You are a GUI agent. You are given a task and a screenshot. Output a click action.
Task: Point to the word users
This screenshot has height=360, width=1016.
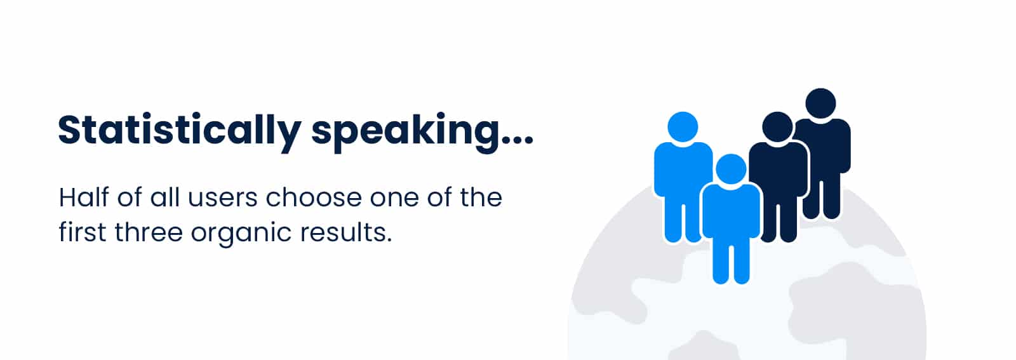[222, 198]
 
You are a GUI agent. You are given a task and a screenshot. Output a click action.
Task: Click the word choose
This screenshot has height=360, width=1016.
[314, 197]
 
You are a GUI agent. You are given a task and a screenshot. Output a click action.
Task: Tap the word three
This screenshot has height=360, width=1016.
[149, 232]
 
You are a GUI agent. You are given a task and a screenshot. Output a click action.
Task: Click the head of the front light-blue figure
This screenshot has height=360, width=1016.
[731, 169]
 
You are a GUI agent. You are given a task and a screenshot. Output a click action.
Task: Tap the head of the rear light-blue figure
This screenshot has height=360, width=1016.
[683, 127]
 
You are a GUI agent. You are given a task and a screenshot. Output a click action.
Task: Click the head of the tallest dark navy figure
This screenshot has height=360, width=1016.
[820, 103]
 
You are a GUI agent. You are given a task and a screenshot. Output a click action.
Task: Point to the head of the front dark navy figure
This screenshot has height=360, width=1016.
[777, 127]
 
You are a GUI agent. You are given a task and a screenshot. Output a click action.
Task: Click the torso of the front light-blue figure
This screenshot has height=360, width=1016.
[731, 211]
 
